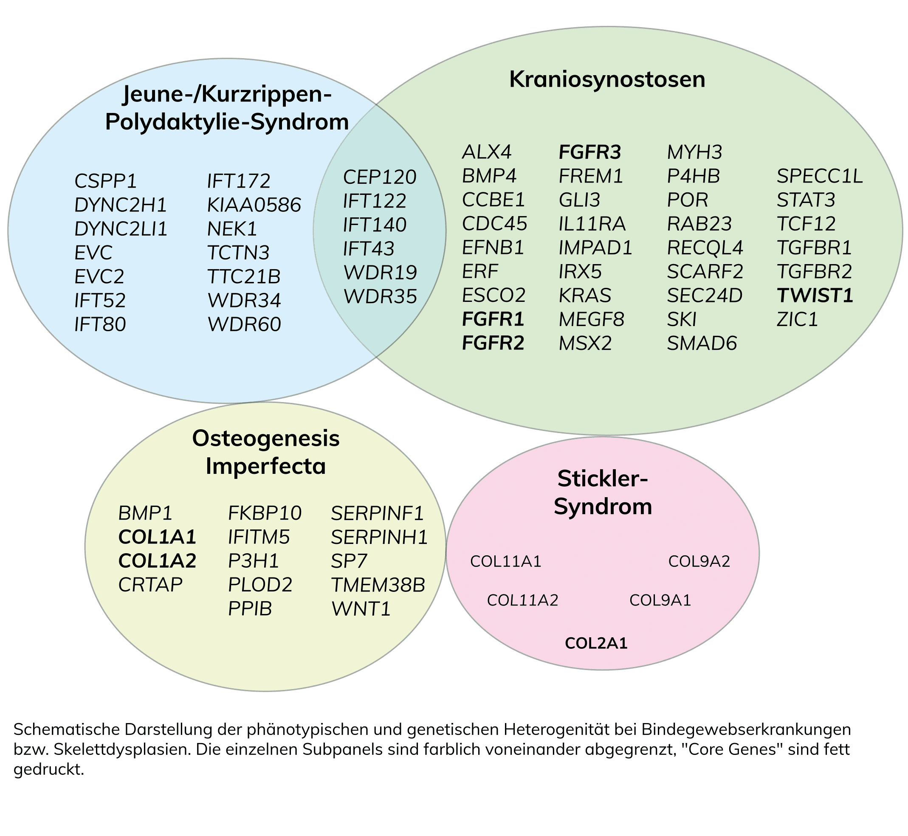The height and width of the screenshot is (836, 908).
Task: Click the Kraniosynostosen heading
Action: (x=607, y=80)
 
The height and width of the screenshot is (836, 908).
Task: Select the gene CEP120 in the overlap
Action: (x=380, y=177)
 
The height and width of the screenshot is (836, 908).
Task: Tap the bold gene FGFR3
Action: (x=590, y=152)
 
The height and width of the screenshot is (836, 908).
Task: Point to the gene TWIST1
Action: (x=815, y=296)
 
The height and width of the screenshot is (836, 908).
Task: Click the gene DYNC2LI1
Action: (x=121, y=229)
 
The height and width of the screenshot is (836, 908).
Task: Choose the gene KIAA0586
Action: (x=254, y=205)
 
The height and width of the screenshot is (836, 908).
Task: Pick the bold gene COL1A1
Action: (x=157, y=537)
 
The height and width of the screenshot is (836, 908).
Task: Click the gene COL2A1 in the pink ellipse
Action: (x=596, y=643)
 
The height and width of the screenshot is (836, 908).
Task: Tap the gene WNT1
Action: (x=361, y=609)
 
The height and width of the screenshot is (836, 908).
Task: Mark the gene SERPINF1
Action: (x=377, y=513)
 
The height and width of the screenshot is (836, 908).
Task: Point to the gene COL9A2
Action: (x=699, y=561)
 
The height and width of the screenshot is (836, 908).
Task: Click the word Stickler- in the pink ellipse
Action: (x=603, y=479)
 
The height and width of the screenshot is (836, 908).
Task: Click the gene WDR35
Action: (x=380, y=297)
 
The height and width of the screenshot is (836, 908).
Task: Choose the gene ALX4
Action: (x=487, y=152)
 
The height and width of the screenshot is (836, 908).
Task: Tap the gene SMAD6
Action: (x=702, y=344)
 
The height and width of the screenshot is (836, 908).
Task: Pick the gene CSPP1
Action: (x=105, y=181)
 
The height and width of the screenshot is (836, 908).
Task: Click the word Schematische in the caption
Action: (x=67, y=730)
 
